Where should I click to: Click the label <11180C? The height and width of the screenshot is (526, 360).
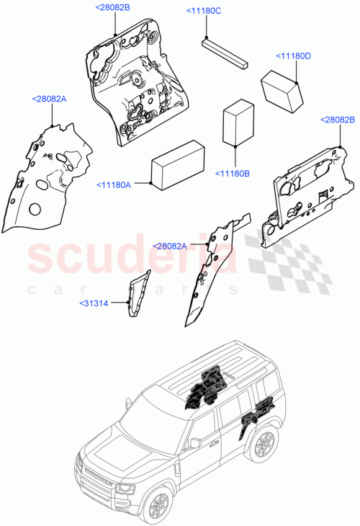point(203,11)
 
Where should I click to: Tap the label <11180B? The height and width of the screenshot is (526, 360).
point(233,174)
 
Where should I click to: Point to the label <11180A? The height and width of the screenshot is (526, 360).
point(114,185)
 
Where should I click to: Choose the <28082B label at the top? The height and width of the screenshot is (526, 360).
point(112,7)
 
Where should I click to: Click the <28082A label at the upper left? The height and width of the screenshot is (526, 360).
point(49,99)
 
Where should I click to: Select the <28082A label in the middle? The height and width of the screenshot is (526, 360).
point(169,246)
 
